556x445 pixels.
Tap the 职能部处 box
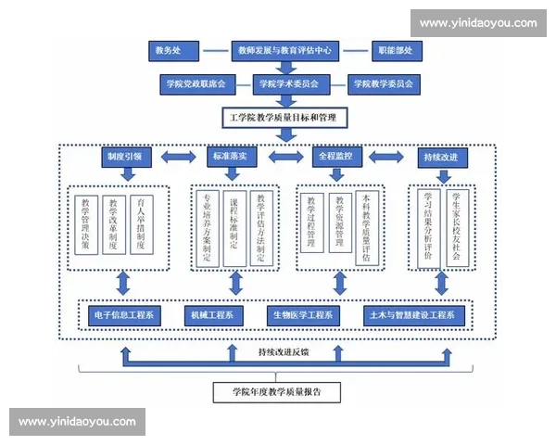click(395, 50)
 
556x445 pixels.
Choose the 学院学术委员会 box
click(288, 83)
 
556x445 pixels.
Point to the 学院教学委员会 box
click(381, 83)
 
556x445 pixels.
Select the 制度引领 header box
click(123, 157)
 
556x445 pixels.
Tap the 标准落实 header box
click(229, 157)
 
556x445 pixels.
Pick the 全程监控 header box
click(335, 157)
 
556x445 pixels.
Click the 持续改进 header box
click(439, 157)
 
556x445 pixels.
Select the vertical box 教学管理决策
click(85, 225)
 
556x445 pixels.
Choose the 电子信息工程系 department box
click(125, 315)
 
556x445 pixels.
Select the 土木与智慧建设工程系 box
click(413, 315)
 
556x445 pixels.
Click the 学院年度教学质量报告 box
click(277, 391)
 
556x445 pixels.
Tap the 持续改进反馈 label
click(285, 353)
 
